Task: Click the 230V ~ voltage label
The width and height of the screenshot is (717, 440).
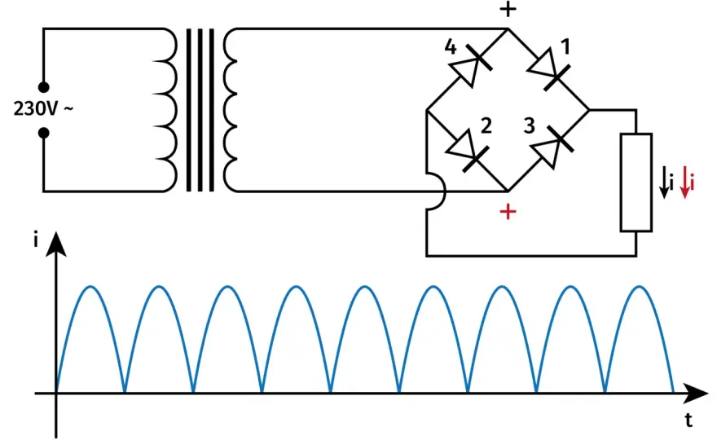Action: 43,109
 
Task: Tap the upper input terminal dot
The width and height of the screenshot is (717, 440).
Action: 43,87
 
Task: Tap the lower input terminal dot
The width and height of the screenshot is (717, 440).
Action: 43,133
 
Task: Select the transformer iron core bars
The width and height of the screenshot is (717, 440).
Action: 200,110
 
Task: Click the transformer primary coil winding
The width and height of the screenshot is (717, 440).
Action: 170,110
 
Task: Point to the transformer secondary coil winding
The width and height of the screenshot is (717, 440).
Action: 230,110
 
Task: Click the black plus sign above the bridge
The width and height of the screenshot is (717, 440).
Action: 508,9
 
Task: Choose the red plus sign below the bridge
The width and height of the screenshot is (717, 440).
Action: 508,211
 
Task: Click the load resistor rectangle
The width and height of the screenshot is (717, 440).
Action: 636,183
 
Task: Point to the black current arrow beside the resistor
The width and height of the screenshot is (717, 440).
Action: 664,183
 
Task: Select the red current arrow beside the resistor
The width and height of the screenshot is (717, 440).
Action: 685,183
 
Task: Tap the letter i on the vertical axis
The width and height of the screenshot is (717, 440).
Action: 36,240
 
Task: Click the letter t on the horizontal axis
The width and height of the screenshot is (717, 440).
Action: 688,420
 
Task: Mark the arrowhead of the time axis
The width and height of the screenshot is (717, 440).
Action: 695,393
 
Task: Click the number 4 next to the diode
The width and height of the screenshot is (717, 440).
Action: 451,47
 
